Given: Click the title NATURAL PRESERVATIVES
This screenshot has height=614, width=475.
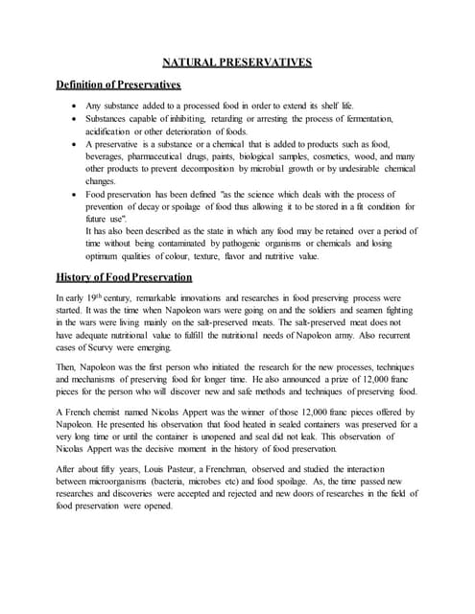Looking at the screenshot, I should tap(237, 62).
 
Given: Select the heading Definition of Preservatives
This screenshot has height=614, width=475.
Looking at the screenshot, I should tap(120, 85).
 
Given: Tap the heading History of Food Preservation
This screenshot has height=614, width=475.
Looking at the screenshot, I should tap(125, 277).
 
